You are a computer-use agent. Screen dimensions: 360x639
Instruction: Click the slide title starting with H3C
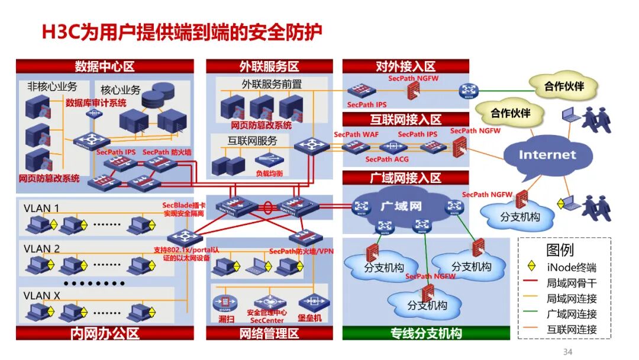click(182, 32)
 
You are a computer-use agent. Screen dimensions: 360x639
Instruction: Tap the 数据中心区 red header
click(105, 66)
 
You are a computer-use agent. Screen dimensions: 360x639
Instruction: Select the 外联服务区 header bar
click(269, 66)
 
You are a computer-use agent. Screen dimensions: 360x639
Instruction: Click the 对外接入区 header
click(405, 66)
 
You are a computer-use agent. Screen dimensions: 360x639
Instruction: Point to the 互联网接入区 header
click(405, 120)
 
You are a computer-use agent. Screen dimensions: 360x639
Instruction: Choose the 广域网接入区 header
click(405, 178)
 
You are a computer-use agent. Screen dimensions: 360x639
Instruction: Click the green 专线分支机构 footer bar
click(426, 333)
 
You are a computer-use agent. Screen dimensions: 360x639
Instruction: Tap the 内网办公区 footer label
click(105, 333)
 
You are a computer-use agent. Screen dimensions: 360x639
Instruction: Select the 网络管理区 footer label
click(269, 333)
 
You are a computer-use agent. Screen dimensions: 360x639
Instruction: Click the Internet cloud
click(547, 155)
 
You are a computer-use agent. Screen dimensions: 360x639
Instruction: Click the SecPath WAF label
click(356, 134)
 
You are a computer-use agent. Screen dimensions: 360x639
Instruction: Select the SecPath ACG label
click(387, 159)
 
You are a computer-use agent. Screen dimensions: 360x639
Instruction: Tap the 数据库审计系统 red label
click(96, 103)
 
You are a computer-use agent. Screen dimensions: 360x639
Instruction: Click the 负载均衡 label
click(269, 174)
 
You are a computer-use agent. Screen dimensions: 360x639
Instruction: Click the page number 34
click(567, 352)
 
